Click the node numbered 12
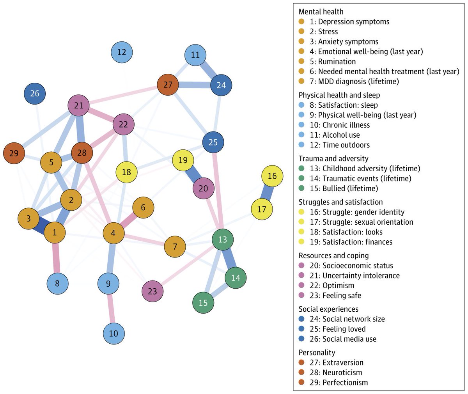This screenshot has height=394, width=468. (122, 52)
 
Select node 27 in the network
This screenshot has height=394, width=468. (168, 85)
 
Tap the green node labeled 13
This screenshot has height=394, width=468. (222, 239)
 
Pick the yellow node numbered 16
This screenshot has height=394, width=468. (272, 176)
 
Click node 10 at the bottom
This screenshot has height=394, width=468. (114, 334)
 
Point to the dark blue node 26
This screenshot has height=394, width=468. (35, 94)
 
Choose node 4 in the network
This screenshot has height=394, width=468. (113, 234)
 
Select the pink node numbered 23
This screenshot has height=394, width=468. (152, 291)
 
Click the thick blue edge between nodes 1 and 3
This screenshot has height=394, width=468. (41, 225)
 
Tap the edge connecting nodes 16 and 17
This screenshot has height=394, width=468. (267, 193)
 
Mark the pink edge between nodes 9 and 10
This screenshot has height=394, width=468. (111, 309)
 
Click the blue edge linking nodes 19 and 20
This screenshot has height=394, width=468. (193, 174)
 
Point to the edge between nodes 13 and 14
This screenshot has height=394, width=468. (229, 259)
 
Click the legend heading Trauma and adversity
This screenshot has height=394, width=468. (333, 158)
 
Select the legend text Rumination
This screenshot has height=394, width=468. (337, 62)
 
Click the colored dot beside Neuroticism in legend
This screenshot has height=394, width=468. (301, 373)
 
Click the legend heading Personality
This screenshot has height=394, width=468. (317, 352)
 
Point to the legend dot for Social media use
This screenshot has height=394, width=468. (301, 339)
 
